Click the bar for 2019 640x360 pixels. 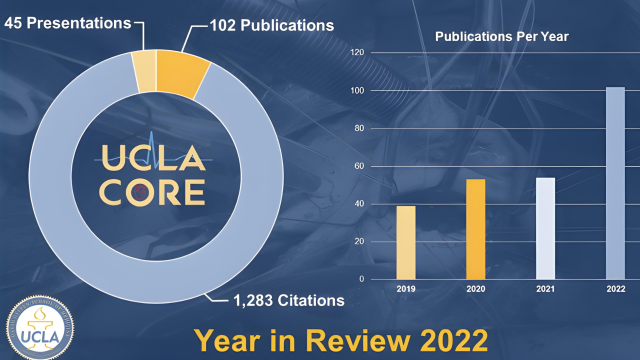406,242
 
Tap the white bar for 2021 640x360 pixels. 546,228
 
